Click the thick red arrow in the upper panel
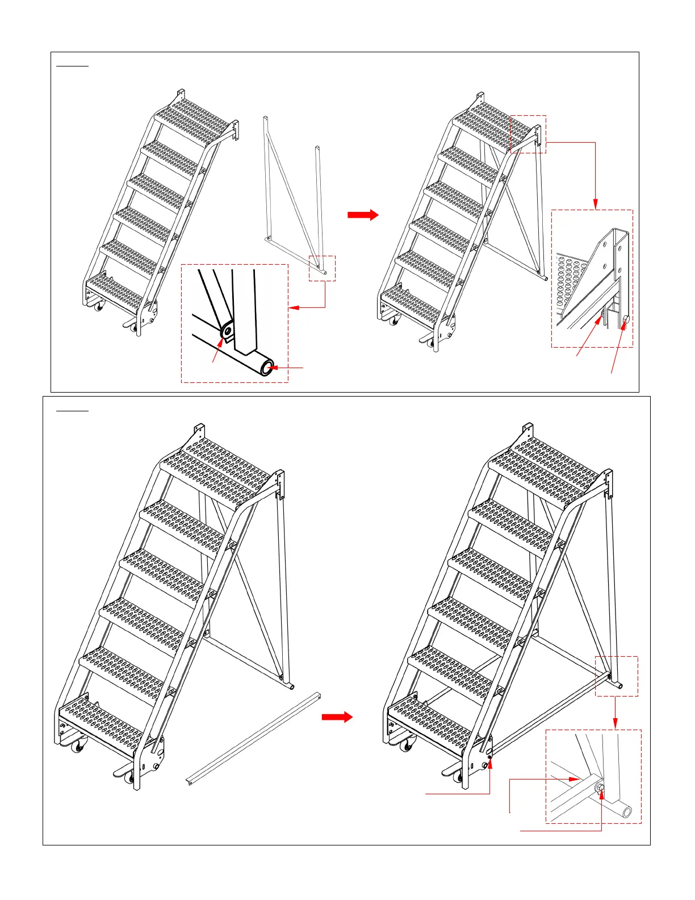(363, 215)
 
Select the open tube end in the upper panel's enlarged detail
(267, 367)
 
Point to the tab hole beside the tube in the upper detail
(228, 330)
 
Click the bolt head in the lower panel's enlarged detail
(600, 788)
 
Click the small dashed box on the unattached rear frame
(322, 268)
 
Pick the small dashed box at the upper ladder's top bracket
(528, 134)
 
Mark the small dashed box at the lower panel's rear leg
(616, 676)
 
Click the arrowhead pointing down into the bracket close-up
(596, 205)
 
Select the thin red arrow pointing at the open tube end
(288, 368)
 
